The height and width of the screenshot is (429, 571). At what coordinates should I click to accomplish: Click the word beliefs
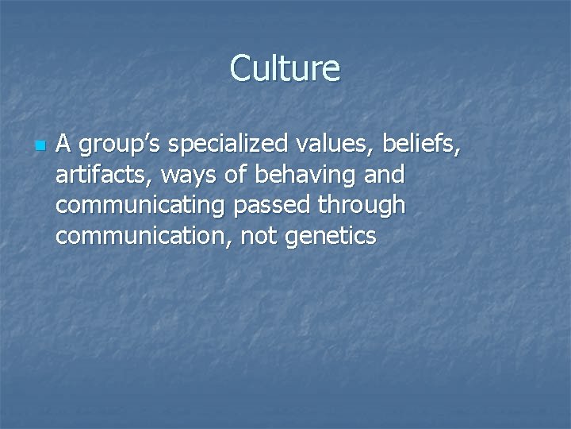419,145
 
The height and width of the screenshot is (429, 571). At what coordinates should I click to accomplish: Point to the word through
362,205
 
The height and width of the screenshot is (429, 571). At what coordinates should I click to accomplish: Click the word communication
139,235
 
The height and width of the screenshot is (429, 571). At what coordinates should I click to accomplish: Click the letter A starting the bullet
65,145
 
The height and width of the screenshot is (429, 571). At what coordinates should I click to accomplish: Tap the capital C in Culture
240,69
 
